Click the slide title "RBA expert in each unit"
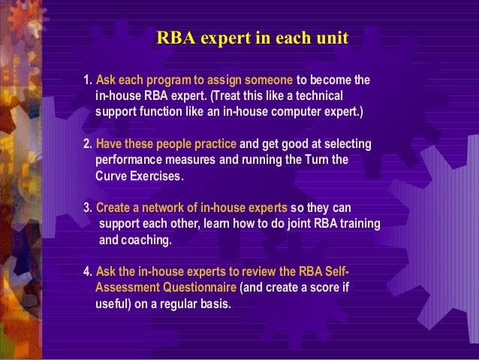252,38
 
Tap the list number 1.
87,80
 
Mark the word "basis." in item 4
215,304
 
